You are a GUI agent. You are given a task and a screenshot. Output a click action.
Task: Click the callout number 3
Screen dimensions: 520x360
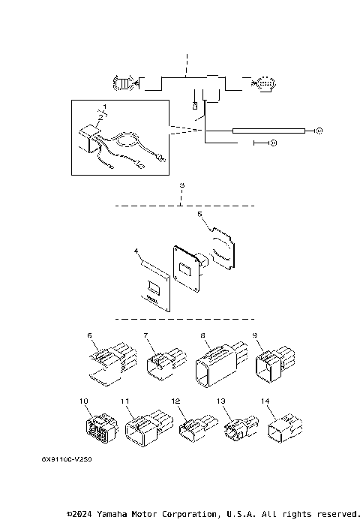click(x=181, y=185)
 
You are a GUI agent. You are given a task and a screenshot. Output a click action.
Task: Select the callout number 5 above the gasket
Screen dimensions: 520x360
click(x=199, y=214)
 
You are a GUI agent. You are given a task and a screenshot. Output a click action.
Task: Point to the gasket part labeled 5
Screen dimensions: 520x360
click(x=223, y=248)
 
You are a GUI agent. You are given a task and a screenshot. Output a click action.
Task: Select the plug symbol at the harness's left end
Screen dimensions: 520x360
click(x=121, y=82)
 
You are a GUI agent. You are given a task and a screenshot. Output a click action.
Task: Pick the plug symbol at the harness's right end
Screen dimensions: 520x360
click(x=265, y=83)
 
